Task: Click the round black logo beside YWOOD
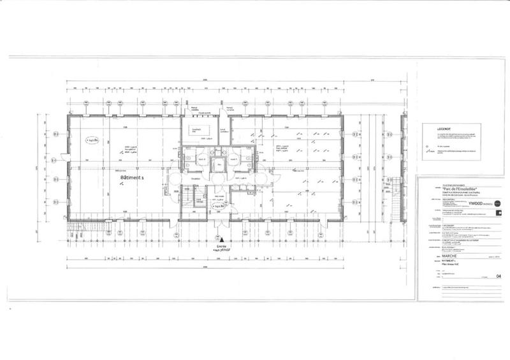(x=498, y=203)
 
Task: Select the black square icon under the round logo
(x=498, y=215)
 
